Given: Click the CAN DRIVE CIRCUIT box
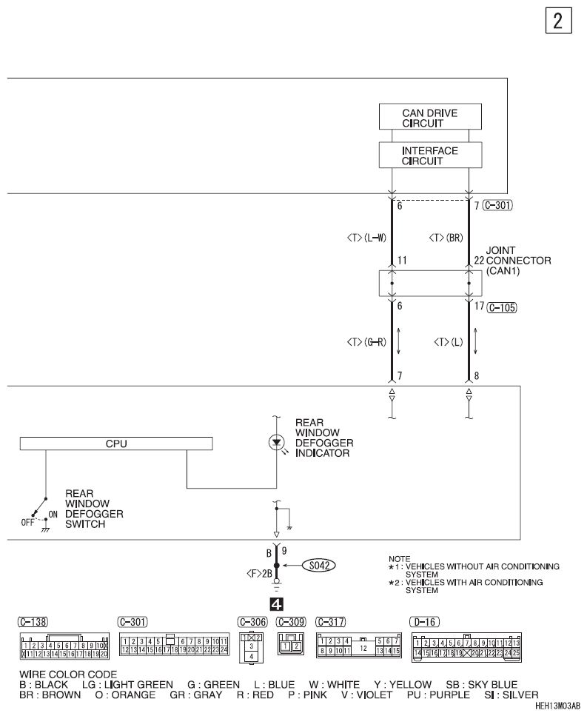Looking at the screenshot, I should (429, 118).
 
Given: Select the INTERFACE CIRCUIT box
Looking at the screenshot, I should (429, 155).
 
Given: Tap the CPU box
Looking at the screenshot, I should (116, 444).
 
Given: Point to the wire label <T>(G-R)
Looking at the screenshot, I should (373, 343).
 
